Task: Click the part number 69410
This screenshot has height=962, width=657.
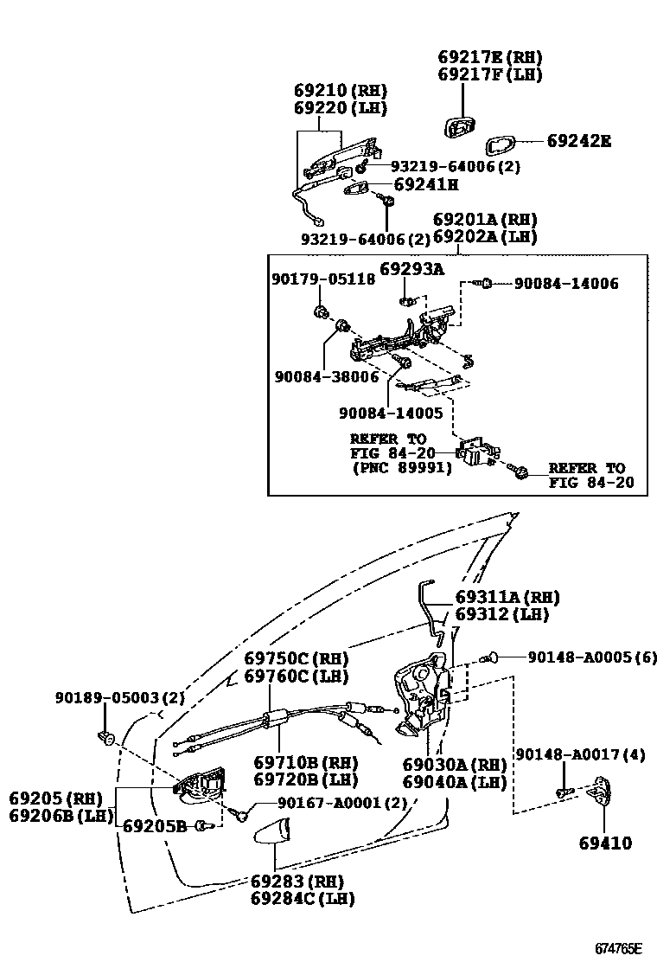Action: (x=605, y=842)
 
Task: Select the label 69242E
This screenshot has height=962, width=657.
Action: (x=577, y=141)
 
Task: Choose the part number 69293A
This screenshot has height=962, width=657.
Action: (x=411, y=269)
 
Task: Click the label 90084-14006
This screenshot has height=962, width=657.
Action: (x=566, y=283)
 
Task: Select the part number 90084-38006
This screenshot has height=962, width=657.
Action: (x=327, y=376)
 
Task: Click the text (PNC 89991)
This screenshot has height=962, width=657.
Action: (x=401, y=467)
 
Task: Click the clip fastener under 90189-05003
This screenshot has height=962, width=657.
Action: (x=108, y=738)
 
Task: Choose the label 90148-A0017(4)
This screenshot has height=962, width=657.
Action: (x=580, y=754)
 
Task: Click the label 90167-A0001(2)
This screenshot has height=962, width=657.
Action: (x=329, y=803)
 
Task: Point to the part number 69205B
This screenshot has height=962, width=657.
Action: (x=155, y=826)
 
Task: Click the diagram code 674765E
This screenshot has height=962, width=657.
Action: (x=618, y=948)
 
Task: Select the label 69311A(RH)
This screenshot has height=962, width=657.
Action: (x=507, y=597)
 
